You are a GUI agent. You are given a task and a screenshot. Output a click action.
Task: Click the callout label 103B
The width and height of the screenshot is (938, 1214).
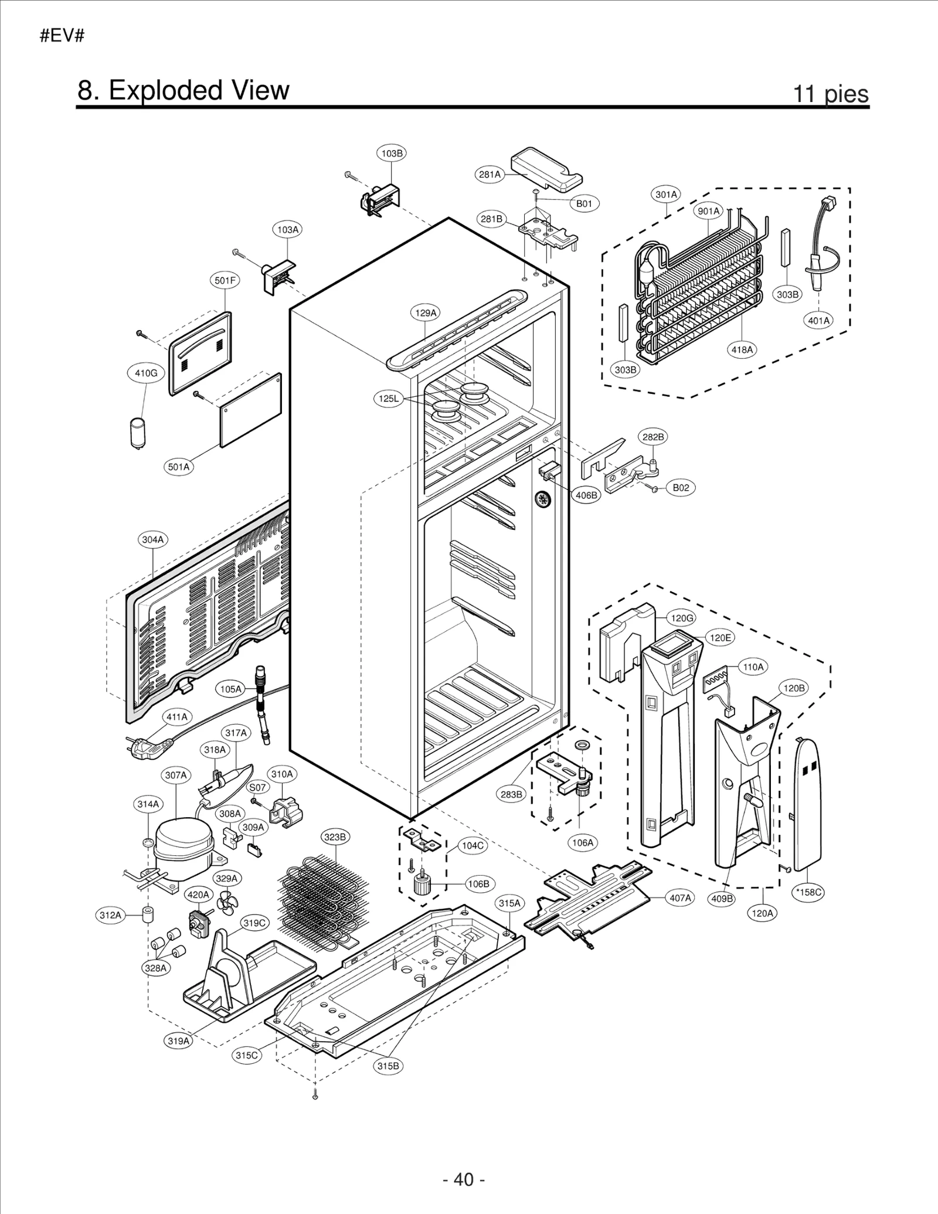392,154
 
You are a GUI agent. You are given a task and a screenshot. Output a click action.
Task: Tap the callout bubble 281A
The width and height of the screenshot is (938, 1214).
490,174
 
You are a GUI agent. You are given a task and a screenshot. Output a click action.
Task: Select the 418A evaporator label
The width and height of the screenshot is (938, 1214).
742,350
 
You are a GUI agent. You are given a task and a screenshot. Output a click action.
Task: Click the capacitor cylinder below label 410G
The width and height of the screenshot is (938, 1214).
138,433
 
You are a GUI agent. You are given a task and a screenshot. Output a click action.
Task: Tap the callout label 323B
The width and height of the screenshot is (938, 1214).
335,836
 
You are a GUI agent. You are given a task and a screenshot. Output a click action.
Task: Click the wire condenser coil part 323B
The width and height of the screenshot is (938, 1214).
322,900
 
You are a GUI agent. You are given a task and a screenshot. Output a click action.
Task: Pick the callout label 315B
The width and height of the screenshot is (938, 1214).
388,1066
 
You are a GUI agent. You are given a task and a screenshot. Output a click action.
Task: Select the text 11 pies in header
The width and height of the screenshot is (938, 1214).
830,93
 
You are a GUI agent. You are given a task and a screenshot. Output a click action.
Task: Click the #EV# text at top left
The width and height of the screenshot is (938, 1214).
62,36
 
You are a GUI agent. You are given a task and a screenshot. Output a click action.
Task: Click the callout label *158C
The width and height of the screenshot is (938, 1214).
808,892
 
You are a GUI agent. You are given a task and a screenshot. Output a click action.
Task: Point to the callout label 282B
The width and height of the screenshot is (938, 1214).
652,437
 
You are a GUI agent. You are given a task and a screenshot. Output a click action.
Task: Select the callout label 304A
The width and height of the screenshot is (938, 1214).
153,539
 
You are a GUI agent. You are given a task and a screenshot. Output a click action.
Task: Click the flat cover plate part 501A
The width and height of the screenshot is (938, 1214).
251,410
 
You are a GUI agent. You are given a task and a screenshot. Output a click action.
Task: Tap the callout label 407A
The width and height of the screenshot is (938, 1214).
680,897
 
